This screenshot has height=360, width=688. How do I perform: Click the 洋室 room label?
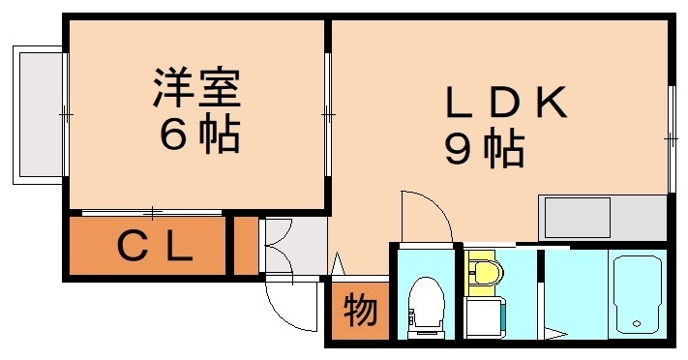pyautogui.click(x=194, y=89)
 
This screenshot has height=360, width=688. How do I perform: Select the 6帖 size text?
pyautogui.click(x=197, y=136)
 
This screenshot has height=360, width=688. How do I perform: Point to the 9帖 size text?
pyautogui.click(x=484, y=150)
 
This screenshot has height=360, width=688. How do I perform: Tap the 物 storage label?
pyautogui.click(x=359, y=312)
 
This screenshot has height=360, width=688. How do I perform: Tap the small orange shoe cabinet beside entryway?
pyautogui.click(x=246, y=248)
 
